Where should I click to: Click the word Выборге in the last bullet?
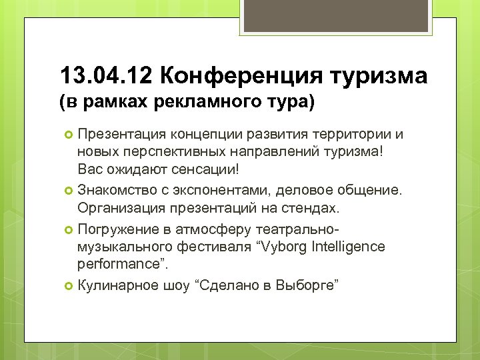point(309,286)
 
